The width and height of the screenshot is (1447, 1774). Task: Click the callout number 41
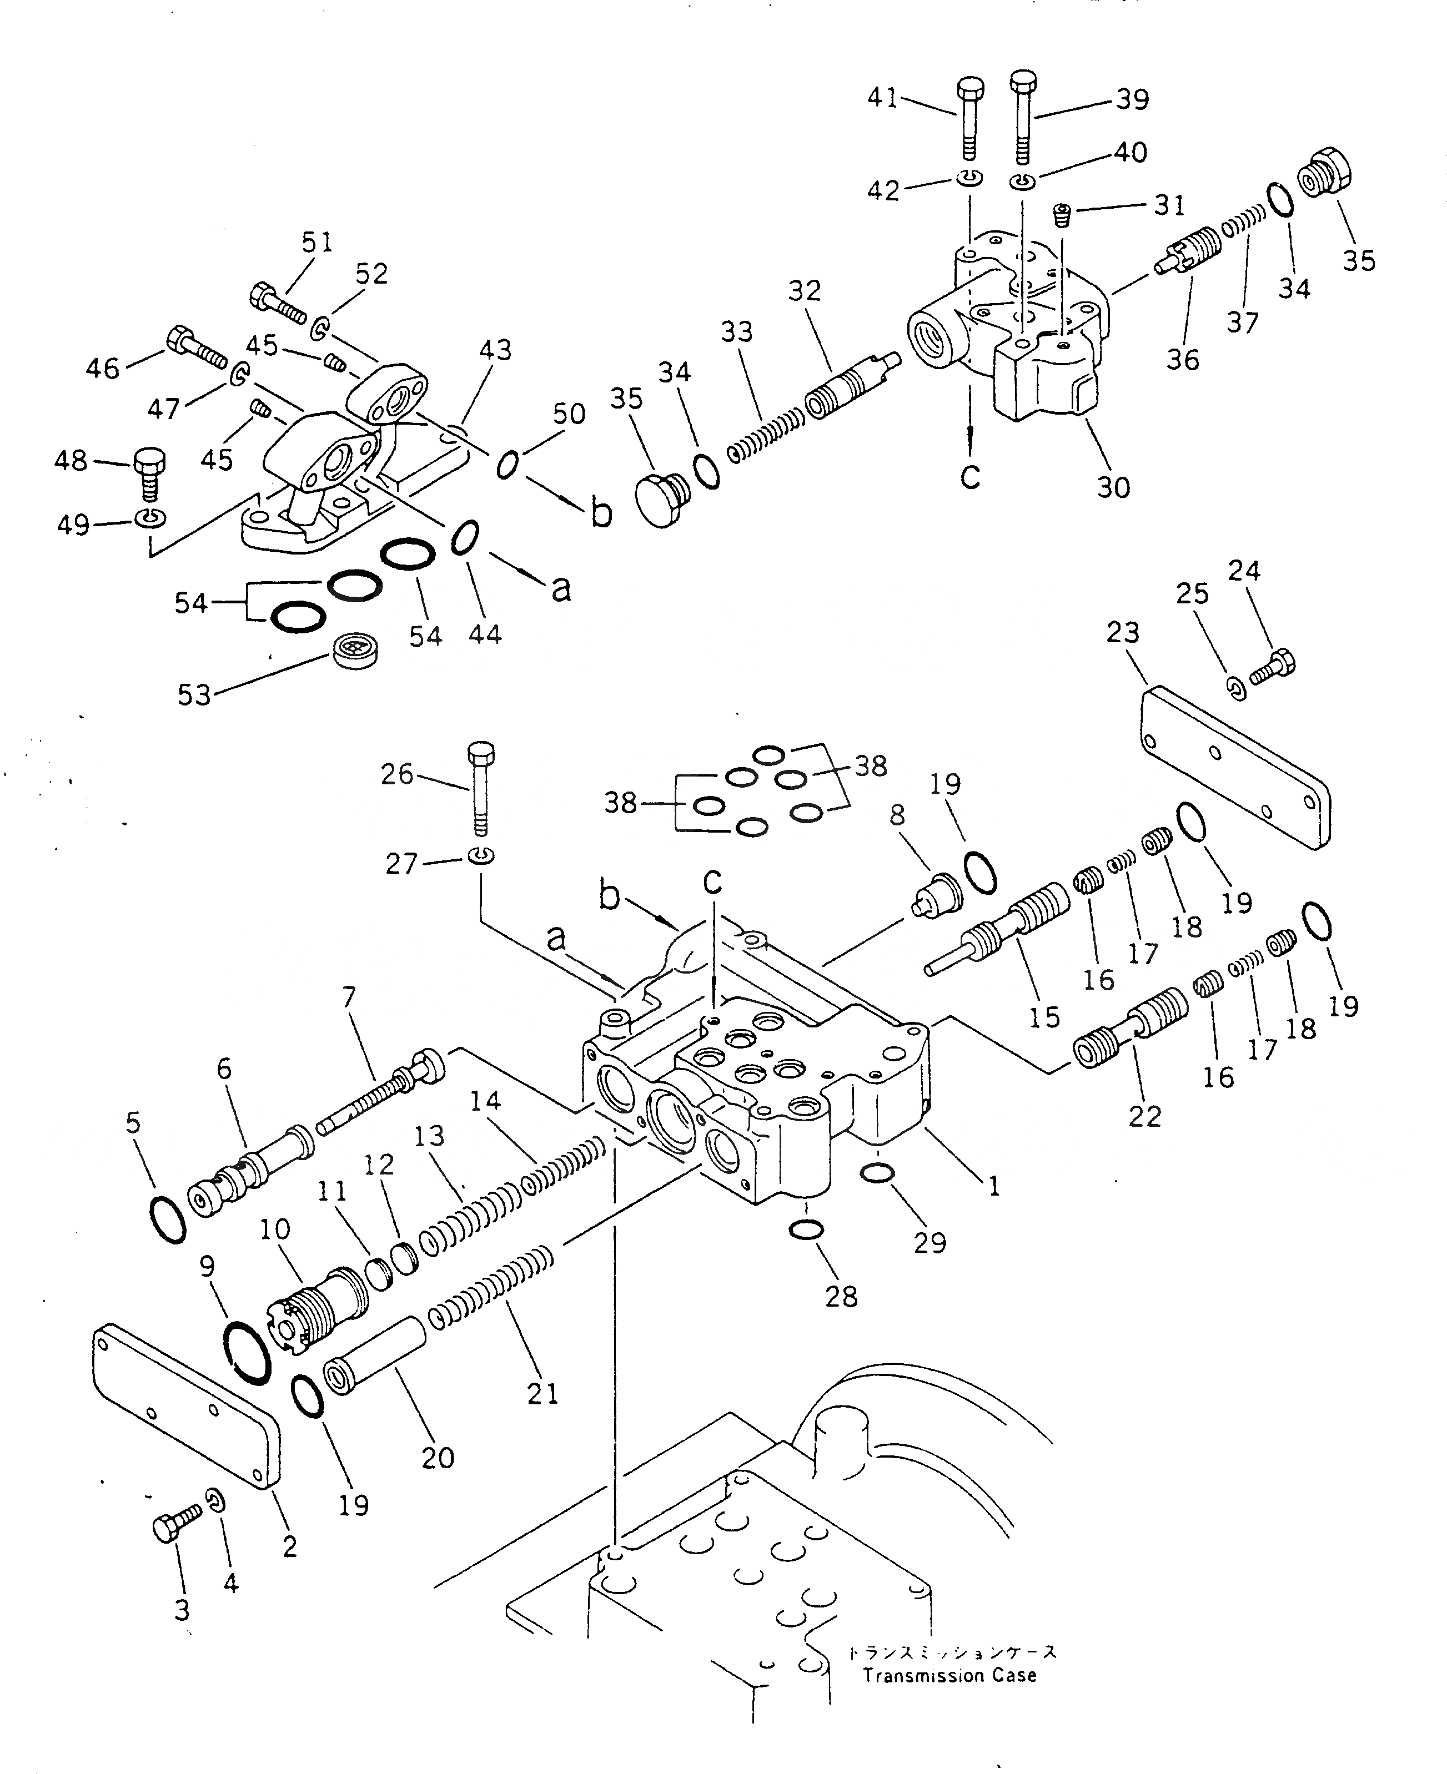[883, 98]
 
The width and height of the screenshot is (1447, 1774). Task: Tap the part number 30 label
[1113, 487]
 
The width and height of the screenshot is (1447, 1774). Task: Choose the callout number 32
[805, 291]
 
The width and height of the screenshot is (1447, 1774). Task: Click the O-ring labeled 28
[806, 1230]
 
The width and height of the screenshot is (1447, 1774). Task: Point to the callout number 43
[495, 349]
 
